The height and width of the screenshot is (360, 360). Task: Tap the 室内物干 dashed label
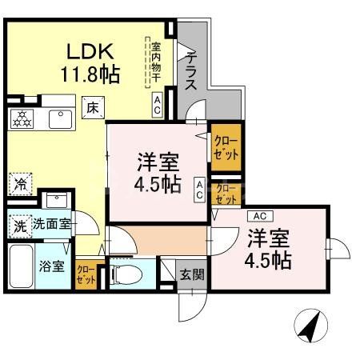156,62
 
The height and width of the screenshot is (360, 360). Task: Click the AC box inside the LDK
158,106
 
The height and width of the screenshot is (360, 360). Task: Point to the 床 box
92,107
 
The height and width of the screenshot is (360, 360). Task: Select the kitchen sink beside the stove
59,118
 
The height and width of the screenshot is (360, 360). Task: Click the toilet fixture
123,274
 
